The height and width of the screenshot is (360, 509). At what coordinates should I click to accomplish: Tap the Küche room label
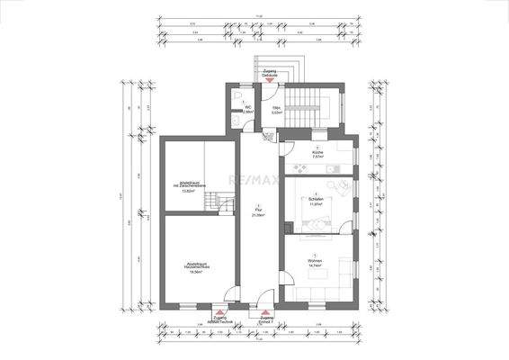[x=317, y=153]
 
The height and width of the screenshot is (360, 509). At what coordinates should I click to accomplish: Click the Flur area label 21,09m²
[x=259, y=214]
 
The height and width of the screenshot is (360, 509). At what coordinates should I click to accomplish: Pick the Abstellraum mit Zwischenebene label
[x=189, y=186]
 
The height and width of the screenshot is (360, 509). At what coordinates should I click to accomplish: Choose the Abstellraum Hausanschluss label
[x=190, y=256]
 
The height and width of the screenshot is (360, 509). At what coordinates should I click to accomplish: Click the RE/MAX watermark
[x=255, y=181]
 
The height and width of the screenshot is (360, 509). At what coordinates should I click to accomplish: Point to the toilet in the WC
[x=236, y=95]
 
